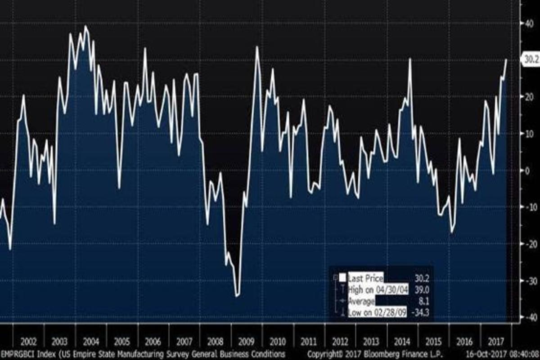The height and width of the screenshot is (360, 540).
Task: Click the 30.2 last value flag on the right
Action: click(530, 59)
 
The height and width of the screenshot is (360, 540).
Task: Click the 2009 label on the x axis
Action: click(246, 341)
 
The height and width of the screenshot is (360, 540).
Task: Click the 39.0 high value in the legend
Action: click(420, 290)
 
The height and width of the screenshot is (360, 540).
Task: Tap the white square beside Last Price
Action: click(342, 278)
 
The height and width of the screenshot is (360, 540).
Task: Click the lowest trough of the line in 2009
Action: click(237, 296)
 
